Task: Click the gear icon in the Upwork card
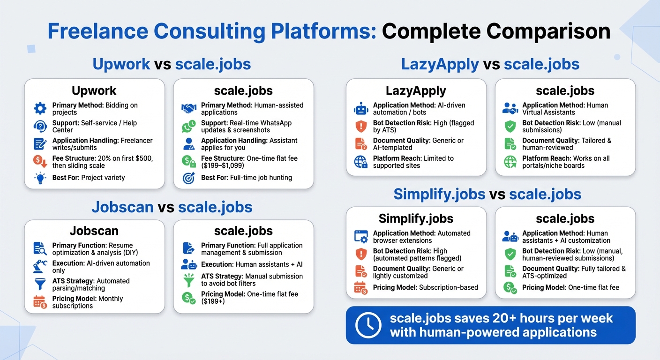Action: (40, 109)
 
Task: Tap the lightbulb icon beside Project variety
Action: (40, 178)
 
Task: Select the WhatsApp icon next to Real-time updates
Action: (188, 127)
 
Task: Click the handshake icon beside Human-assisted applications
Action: (188, 109)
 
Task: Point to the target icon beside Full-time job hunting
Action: (188, 178)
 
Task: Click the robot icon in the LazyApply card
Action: (361, 109)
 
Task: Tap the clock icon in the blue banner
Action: (368, 325)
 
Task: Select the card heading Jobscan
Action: (94, 231)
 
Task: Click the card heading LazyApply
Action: (416, 90)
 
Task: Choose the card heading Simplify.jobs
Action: (416, 218)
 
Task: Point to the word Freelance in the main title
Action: (97, 31)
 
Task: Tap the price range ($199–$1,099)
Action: (223, 165)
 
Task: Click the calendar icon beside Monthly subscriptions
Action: (40, 302)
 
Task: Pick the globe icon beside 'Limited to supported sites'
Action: (361, 162)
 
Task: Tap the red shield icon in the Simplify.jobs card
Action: (361, 254)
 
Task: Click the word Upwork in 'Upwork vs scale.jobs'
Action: (121, 64)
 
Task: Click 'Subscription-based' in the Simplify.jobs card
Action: (448, 287)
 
